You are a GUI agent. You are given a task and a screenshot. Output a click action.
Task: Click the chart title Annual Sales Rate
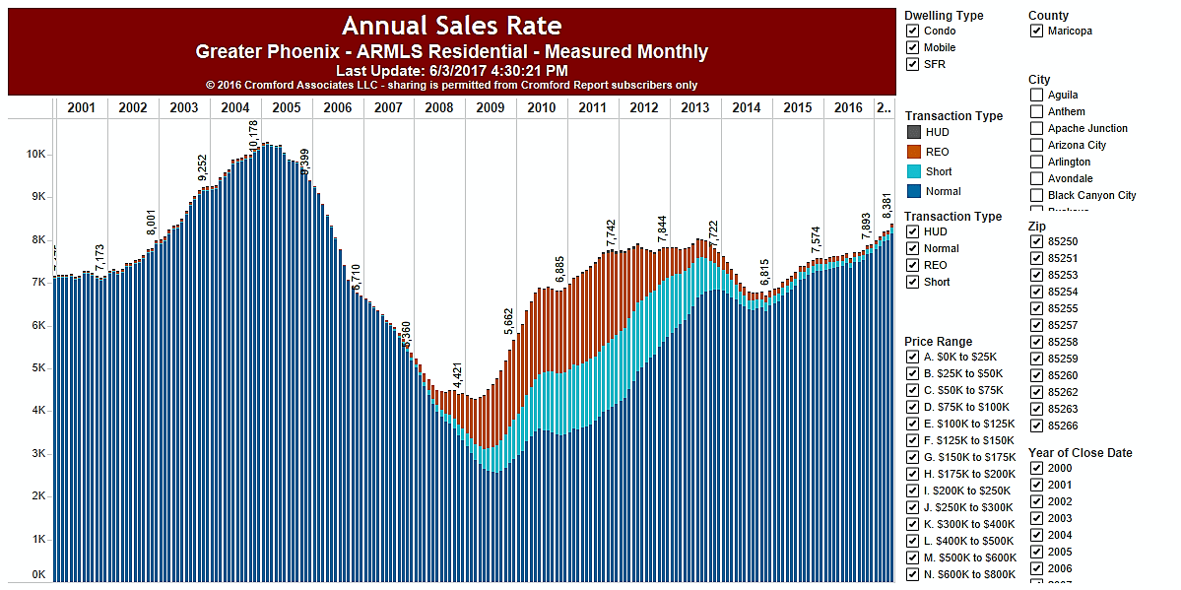pos(451,26)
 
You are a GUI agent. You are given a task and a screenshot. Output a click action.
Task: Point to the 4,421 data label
pos(457,377)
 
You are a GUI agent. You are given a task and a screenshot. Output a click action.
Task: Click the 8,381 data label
pos(886,201)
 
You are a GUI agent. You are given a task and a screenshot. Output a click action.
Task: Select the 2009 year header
pos(491,107)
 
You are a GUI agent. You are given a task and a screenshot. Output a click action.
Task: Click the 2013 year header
pos(694,107)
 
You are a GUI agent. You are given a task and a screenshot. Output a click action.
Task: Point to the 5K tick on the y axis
pos(36,367)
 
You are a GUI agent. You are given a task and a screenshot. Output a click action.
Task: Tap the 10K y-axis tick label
pos(34,155)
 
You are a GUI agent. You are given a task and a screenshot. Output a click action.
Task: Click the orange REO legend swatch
pos(913,152)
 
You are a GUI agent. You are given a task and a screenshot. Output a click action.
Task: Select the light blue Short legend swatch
pos(913,171)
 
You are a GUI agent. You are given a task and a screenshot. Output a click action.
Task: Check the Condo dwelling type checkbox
pos(913,31)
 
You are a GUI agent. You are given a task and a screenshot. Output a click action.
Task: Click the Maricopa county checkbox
pos(1036,31)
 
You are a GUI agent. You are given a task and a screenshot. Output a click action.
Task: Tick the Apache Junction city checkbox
pos(1036,128)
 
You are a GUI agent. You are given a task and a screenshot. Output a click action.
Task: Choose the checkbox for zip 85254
pos(1036,292)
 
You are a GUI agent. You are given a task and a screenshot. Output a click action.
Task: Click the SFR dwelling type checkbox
pos(913,64)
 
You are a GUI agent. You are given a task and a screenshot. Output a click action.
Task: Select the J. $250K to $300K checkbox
pos(913,507)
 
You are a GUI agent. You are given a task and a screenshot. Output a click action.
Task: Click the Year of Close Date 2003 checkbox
pos(1036,518)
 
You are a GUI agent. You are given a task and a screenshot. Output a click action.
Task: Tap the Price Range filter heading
pos(938,342)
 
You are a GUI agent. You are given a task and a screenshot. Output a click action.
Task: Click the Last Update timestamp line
pos(451,71)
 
